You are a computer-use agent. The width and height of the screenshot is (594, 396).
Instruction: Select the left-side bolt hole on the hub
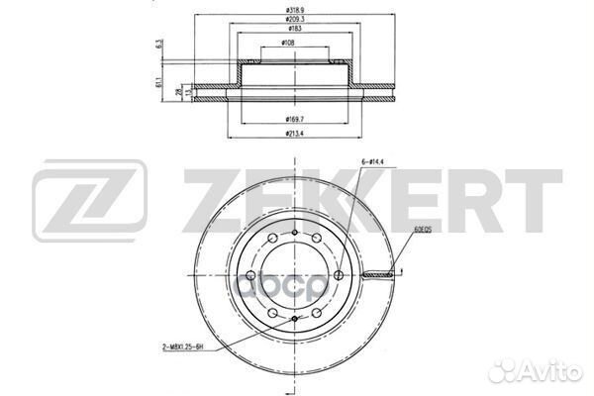pos(251,274)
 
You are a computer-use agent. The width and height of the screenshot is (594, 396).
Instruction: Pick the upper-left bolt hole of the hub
pos(272,238)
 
